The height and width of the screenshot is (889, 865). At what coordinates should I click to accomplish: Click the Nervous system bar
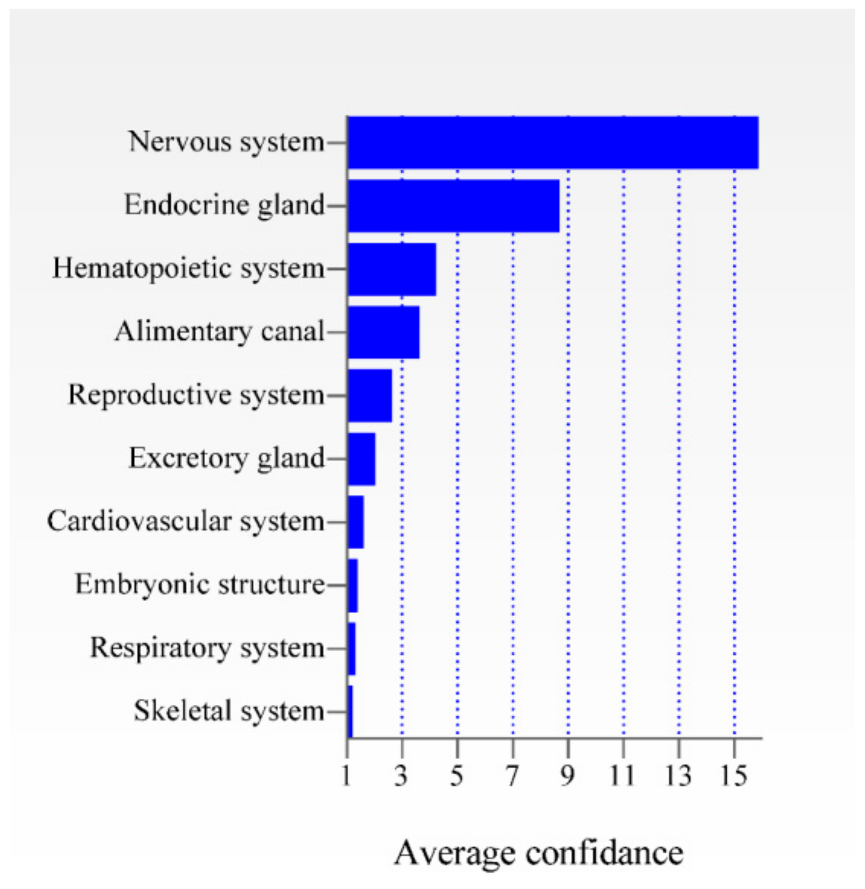[552, 142]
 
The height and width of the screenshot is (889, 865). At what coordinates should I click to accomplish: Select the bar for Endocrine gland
[453, 206]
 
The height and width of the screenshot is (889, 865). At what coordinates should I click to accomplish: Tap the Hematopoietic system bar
[391, 269]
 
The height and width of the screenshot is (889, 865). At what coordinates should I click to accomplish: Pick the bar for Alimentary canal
[383, 332]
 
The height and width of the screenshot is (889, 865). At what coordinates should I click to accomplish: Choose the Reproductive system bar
[369, 395]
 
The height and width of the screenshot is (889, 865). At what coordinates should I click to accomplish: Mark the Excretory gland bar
[361, 459]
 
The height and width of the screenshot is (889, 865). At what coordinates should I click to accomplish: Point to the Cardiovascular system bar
[355, 522]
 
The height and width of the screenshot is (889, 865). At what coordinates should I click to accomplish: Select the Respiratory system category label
[207, 648]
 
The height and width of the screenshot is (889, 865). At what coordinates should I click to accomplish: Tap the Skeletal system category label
[229, 711]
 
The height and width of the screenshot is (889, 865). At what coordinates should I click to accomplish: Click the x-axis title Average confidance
[538, 853]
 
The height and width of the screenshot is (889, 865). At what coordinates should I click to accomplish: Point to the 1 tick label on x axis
[346, 776]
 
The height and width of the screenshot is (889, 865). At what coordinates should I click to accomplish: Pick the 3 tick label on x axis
[401, 776]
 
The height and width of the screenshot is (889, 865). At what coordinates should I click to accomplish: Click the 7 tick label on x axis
[512, 776]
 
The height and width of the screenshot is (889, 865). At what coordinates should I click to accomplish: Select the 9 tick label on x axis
[567, 776]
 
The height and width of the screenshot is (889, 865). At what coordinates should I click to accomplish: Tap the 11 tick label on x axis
[622, 776]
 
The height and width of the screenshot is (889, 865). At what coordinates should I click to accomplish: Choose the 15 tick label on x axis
[734, 776]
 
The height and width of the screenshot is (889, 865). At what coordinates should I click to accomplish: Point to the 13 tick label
[678, 776]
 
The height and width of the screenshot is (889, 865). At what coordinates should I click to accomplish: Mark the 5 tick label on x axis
[456, 776]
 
